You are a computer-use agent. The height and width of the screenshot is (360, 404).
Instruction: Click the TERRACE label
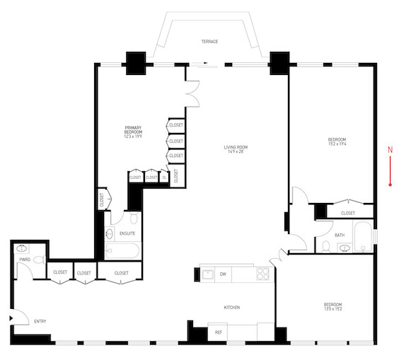coord(209,42)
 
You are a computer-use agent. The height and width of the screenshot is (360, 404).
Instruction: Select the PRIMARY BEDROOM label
coord(133,131)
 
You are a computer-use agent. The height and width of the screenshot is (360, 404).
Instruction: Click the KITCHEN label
coord(232,308)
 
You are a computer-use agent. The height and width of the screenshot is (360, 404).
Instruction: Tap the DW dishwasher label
coord(223,274)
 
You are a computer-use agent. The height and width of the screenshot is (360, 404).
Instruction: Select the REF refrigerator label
coord(219,331)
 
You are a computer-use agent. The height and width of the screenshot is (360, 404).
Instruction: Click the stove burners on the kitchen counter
coord(262,273)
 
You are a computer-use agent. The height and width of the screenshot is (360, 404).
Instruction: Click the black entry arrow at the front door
coord(11,319)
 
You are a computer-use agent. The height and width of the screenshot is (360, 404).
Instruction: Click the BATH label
coord(340,235)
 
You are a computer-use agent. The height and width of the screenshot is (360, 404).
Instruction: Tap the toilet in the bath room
coord(325,247)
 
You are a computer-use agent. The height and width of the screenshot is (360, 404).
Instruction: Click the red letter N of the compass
coord(390,149)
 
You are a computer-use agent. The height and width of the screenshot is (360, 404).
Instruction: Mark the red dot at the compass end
coord(390,185)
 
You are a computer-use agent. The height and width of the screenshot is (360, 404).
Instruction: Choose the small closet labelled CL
coord(164,178)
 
